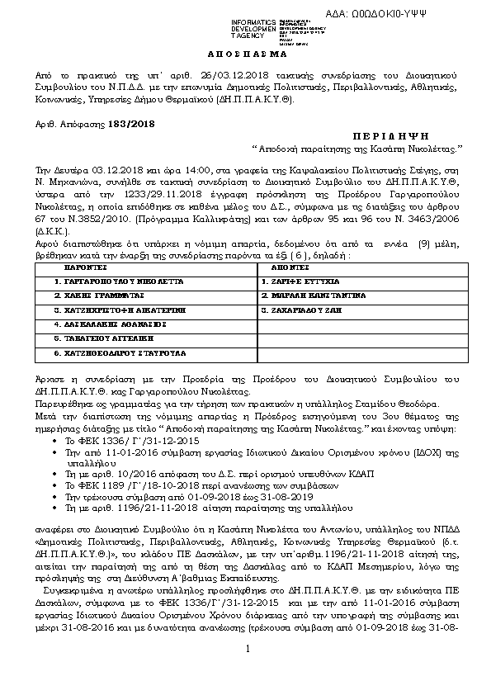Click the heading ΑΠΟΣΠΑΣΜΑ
(244, 52)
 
